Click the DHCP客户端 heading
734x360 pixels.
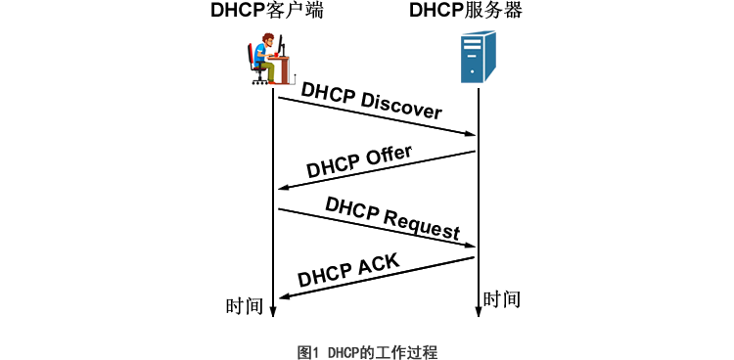point(267,11)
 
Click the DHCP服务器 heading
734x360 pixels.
point(466,11)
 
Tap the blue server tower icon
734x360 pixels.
point(478,57)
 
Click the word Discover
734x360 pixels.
point(401,105)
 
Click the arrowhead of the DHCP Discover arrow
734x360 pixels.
point(470,134)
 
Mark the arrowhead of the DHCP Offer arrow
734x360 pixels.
point(284,188)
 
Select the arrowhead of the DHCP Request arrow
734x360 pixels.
point(470,246)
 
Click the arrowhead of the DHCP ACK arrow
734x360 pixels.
point(284,296)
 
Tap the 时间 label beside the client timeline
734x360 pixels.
point(245,306)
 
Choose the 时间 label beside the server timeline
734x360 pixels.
point(502,299)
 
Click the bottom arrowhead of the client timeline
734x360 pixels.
point(273,312)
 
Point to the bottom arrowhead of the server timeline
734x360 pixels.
point(479,312)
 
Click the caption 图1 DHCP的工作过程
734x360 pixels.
point(367,352)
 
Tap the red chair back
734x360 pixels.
point(251,56)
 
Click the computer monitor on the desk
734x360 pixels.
point(281,44)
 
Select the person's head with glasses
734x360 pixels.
point(268,39)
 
